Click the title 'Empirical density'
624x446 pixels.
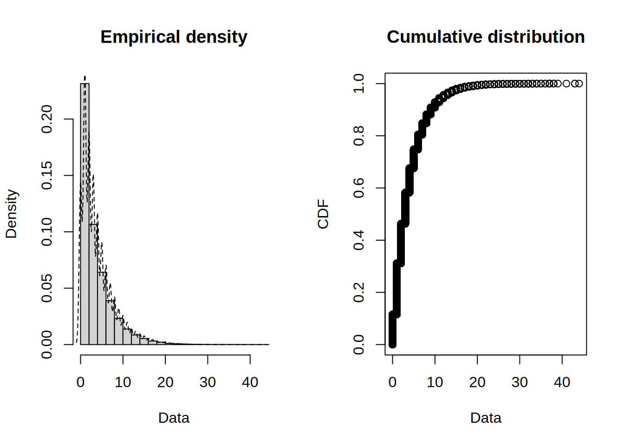tap(174, 37)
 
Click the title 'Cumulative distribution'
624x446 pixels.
tap(485, 37)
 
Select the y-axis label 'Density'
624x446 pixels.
tap(12, 214)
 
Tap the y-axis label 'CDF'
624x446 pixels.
tap(323, 214)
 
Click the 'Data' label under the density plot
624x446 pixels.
tap(174, 418)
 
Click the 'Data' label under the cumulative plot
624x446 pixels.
tap(486, 418)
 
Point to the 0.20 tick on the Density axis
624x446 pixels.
tap(47, 119)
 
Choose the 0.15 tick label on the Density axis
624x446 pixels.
tap(47, 176)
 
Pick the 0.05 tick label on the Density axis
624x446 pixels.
tap(47, 288)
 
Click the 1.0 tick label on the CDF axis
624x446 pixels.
tap(359, 84)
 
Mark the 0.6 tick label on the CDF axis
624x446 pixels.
tap(359, 188)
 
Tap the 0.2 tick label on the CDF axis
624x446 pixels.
tap(359, 292)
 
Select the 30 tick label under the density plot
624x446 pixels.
tap(208, 382)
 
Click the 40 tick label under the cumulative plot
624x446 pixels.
tap(562, 382)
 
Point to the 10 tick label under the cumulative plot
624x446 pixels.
tap(435, 382)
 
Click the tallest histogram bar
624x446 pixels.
tap(85, 214)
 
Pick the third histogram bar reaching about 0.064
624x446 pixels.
tap(102, 308)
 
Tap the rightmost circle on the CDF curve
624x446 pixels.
tap(578, 84)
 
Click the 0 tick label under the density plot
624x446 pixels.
tap(80, 382)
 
